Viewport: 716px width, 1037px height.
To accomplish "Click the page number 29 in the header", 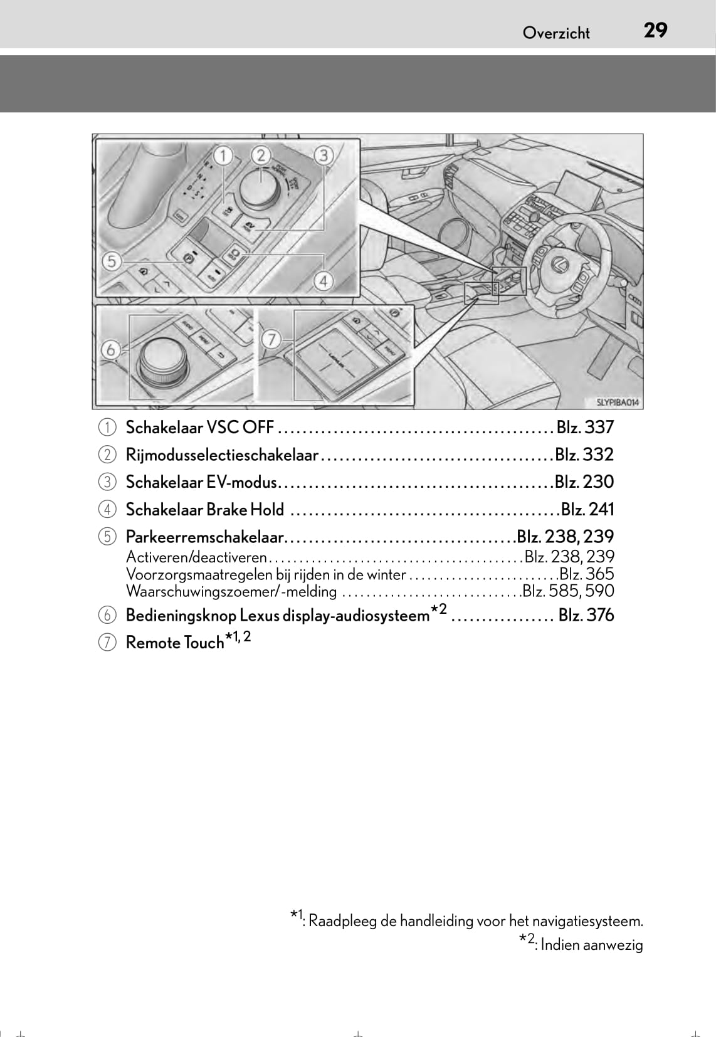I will pyautogui.click(x=655, y=30).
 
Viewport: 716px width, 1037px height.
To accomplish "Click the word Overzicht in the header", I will pyautogui.click(x=556, y=33).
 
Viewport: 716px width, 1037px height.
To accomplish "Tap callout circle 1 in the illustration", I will pyautogui.click(x=223, y=154).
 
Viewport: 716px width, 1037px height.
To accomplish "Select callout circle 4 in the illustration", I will pyautogui.click(x=324, y=281).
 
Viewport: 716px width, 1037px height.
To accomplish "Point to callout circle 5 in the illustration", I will pyautogui.click(x=112, y=260).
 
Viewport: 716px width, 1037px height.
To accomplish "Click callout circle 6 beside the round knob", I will pyautogui.click(x=111, y=349).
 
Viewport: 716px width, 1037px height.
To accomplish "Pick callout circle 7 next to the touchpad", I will pyautogui.click(x=271, y=340).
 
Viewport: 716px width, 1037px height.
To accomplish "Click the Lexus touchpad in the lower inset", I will pyautogui.click(x=332, y=359).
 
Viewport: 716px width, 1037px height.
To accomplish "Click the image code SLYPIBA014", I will pyautogui.click(x=618, y=403).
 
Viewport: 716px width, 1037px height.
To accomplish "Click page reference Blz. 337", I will pyautogui.click(x=585, y=428).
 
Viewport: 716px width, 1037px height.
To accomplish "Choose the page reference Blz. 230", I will pyautogui.click(x=584, y=482).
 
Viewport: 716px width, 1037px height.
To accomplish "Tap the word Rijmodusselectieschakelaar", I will pyautogui.click(x=222, y=455).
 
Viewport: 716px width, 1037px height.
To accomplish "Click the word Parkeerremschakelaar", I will pyautogui.click(x=205, y=537).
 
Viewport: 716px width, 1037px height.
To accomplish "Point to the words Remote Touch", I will pyautogui.click(x=174, y=643).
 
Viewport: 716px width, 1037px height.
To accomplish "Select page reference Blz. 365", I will pyautogui.click(x=587, y=574).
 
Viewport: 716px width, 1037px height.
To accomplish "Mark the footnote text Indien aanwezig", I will pyautogui.click(x=591, y=944).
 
